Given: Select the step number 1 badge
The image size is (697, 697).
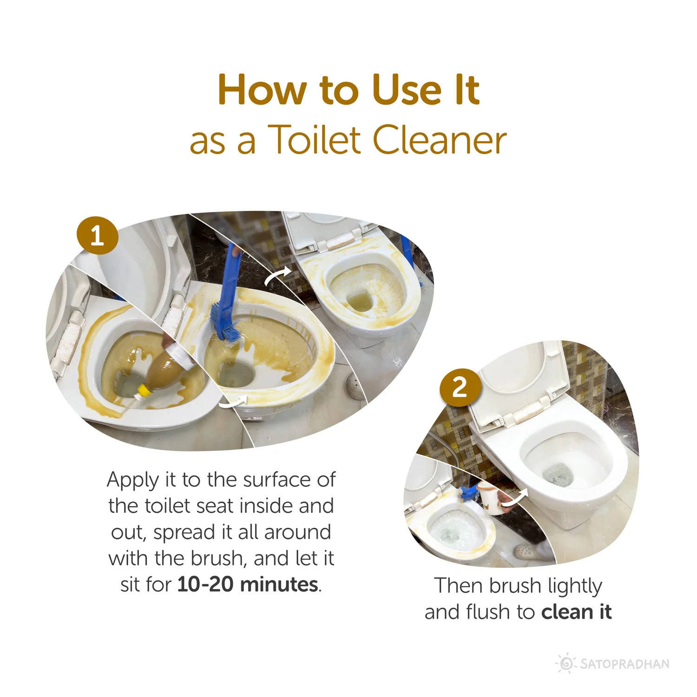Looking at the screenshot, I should coord(97,235).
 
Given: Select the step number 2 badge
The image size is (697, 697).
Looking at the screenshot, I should coord(459,387).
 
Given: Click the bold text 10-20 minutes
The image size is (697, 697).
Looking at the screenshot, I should coord(248,584).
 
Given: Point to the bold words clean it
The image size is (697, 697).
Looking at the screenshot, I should coord(576,612).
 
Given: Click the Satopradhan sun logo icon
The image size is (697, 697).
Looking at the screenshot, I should coord(566,663).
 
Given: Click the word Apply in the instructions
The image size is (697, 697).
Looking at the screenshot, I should coord(132,480).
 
